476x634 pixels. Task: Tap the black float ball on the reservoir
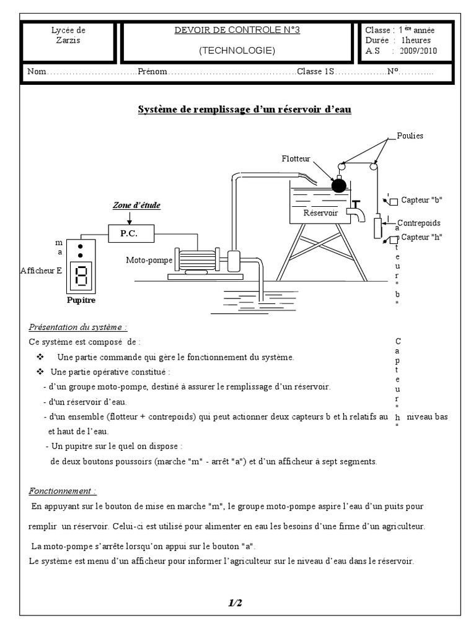[x=338, y=185]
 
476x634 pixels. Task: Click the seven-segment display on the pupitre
[x=81, y=275]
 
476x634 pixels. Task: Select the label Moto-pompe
[x=148, y=259]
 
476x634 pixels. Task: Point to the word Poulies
[x=410, y=136]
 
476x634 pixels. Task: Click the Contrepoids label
[x=419, y=222]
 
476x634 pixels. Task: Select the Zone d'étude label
[x=131, y=205]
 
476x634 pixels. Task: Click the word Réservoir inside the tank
[x=320, y=212]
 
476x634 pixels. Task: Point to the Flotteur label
[x=296, y=159]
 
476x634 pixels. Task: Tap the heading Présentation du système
[x=78, y=327]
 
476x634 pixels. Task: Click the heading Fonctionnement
[x=63, y=491]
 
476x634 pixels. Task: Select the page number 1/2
[x=235, y=602]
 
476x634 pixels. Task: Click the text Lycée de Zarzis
[x=69, y=36]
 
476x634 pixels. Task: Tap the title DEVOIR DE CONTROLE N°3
[x=237, y=30]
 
